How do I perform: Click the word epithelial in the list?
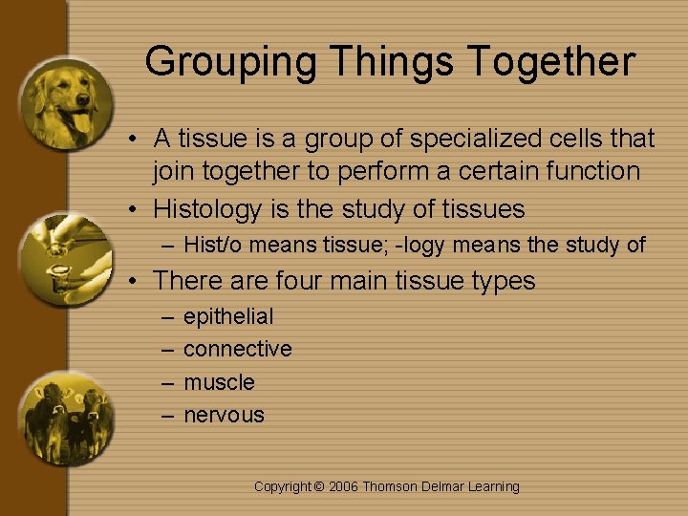click(x=228, y=316)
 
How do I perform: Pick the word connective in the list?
click(x=238, y=349)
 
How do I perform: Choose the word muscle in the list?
click(x=219, y=382)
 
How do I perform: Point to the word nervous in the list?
click(x=224, y=415)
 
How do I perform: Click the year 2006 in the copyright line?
click(x=345, y=486)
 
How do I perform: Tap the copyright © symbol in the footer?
click(x=319, y=486)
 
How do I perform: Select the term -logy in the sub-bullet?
click(x=421, y=246)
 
